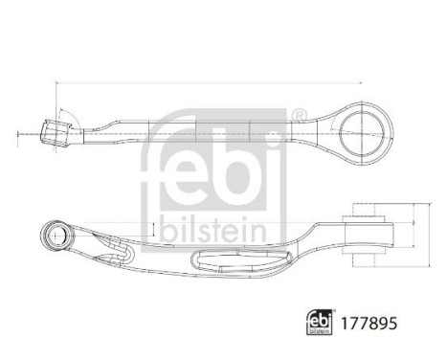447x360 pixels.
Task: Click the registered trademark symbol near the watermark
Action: point(297,118)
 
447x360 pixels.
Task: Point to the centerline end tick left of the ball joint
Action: point(17,133)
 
